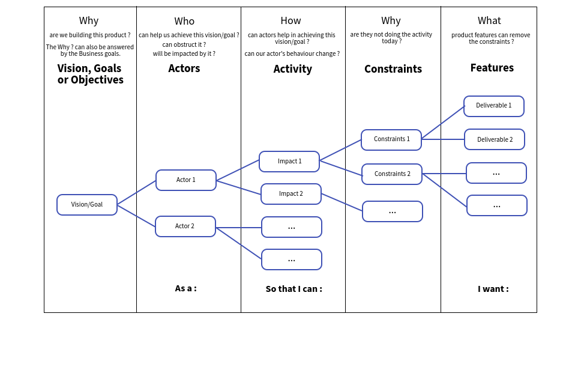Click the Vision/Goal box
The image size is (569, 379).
pyautogui.click(x=87, y=205)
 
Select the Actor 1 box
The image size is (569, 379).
pyautogui.click(x=186, y=180)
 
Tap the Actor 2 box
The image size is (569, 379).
pyautogui.click(x=185, y=226)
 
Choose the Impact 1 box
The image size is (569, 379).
pyautogui.click(x=289, y=162)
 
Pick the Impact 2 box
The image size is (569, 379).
pyautogui.click(x=291, y=194)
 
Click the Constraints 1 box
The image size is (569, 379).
pyautogui.click(x=391, y=140)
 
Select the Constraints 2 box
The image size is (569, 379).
pyautogui.click(x=392, y=174)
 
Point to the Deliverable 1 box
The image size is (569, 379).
pyautogui.click(x=494, y=106)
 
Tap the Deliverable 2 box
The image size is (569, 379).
pyautogui.click(x=495, y=139)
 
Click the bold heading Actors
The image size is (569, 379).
pyautogui.click(x=184, y=68)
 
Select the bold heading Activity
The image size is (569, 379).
pyautogui.click(x=292, y=69)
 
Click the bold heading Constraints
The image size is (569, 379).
pyautogui.click(x=393, y=69)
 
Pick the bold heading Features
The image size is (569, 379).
pyautogui.click(x=492, y=68)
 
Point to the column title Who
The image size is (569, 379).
pyautogui.click(x=184, y=22)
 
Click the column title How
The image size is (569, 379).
pyautogui.click(x=291, y=21)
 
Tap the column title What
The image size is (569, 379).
pyautogui.click(x=489, y=21)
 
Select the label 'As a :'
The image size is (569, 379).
pyautogui.click(x=186, y=288)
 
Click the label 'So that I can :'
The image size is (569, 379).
pyautogui.click(x=294, y=289)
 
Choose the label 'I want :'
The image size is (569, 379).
pyautogui.click(x=493, y=289)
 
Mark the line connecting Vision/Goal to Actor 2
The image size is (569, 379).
pyautogui.click(x=137, y=216)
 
